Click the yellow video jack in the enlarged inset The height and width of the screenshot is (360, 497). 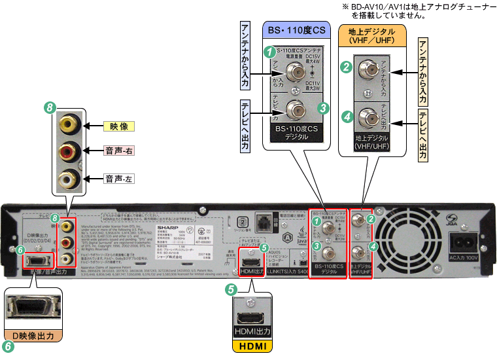[69, 124]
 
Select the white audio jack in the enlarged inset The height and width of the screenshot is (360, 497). [69, 177]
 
